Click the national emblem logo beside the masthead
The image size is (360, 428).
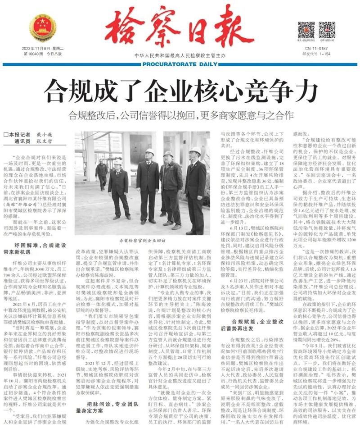point(42,28)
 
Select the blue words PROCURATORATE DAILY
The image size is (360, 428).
point(180,64)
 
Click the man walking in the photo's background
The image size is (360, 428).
point(101,174)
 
